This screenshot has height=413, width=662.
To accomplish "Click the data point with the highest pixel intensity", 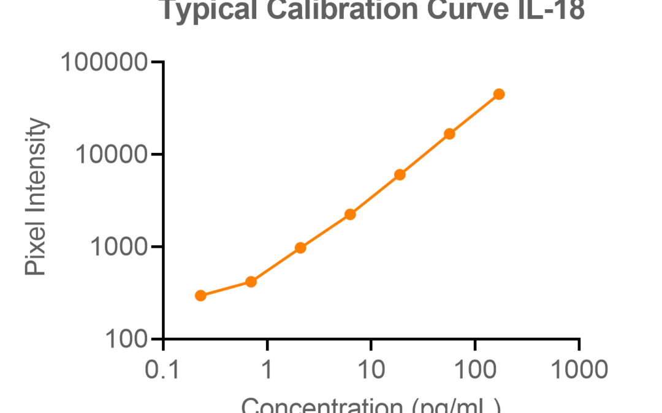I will tap(499, 94).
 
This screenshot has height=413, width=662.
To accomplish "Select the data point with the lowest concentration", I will tap(200, 296).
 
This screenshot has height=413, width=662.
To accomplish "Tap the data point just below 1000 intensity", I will tap(300, 248).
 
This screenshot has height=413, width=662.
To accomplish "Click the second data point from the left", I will tap(251, 281).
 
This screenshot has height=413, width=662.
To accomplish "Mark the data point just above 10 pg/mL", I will tap(400, 174).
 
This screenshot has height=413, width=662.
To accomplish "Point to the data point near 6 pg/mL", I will tap(350, 214).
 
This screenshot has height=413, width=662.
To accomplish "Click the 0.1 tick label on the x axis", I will tap(163, 370).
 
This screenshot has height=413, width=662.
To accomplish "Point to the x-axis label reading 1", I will tap(267, 370).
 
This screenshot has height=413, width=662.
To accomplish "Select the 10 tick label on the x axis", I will tap(371, 370).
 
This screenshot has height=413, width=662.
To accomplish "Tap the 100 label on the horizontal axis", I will tap(475, 370).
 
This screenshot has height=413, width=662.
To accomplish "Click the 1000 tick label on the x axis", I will tap(579, 370).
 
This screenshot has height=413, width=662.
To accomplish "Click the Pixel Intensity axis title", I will tap(36, 197).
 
